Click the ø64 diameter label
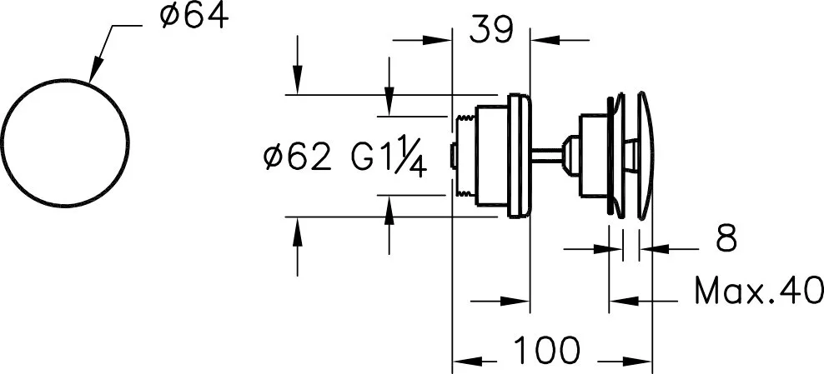tap(195, 16)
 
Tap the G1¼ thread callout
tap(388, 155)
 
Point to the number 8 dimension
tap(726, 239)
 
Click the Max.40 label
tap(759, 291)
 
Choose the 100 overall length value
tap(546, 350)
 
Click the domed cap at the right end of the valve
tap(646, 156)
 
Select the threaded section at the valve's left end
tap(465, 156)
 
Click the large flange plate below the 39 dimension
tap(520, 156)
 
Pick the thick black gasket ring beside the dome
tap(609, 156)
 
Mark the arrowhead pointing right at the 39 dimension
tap(437, 40)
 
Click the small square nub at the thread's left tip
tap(453, 157)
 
